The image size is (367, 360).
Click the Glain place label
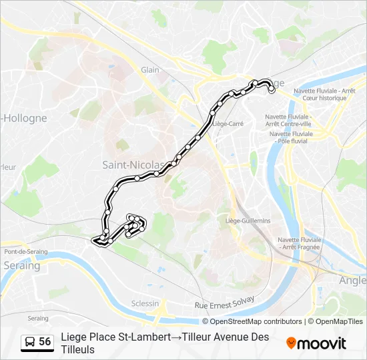149,69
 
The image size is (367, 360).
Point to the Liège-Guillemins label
248,221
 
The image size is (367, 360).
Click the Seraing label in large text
22,265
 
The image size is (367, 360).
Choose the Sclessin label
145,303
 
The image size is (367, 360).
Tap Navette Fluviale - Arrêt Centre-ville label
288,120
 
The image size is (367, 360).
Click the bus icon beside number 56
30,342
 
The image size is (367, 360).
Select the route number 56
45,342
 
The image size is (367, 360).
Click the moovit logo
316,343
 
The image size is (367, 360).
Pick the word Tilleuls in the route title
77,349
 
